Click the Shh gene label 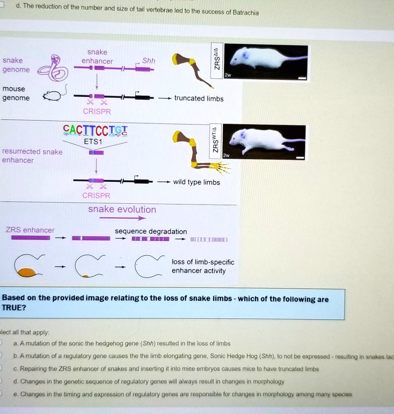point(148,61)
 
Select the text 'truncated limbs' point(198,99)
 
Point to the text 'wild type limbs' point(196,182)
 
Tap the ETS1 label point(93,142)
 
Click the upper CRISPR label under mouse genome point(97,112)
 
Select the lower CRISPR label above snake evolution point(96,196)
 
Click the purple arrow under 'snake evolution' point(122,218)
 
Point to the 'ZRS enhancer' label point(30,230)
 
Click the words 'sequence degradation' point(151,232)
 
